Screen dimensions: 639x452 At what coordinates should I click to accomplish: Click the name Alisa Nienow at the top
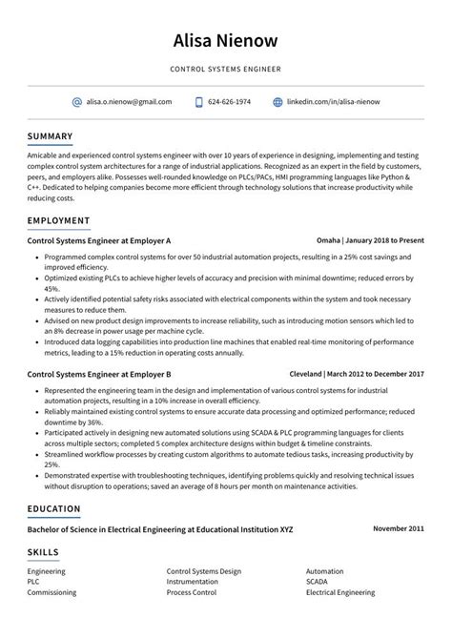(x=226, y=40)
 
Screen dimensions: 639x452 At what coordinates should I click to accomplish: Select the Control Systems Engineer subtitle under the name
(x=226, y=69)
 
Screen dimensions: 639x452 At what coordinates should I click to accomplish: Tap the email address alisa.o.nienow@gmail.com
(x=129, y=101)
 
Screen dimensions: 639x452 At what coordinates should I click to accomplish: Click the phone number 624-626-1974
(x=230, y=101)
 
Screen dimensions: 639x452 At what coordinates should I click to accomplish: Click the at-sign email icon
(x=77, y=101)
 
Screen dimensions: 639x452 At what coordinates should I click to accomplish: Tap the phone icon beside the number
(x=199, y=101)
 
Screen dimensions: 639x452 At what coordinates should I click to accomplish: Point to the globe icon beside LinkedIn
(x=278, y=101)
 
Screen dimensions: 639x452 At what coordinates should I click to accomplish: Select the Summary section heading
(x=51, y=135)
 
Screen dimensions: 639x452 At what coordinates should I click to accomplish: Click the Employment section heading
(x=58, y=220)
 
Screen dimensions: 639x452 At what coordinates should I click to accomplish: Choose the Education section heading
(x=54, y=508)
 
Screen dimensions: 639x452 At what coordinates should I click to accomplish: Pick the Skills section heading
(x=43, y=551)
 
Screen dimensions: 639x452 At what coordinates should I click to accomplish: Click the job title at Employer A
(x=99, y=242)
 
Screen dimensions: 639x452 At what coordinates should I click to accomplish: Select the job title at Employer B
(x=99, y=375)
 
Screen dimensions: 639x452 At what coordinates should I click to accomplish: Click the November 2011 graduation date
(x=399, y=527)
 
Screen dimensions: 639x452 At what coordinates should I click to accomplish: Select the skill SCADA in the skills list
(x=317, y=580)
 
